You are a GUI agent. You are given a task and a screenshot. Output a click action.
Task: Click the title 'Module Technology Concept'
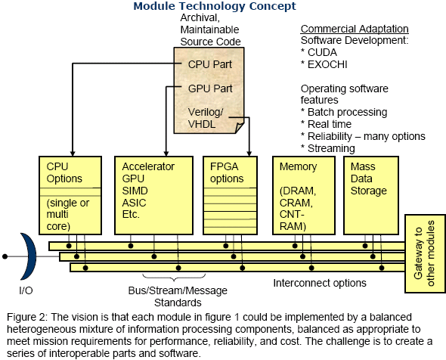pyautogui.click(x=215, y=6)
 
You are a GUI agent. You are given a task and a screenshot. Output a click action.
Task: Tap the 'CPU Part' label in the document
pyautogui.click(x=210, y=64)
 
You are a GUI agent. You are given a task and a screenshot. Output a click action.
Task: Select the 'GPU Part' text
pyautogui.click(x=210, y=88)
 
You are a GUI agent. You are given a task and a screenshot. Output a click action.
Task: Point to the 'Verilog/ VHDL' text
pyautogui.click(x=206, y=118)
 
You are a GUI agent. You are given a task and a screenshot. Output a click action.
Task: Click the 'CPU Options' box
pyautogui.click(x=70, y=195)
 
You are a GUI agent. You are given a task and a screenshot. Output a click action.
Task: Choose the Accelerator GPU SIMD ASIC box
pyautogui.click(x=154, y=195)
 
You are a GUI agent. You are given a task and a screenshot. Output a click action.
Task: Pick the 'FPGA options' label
pyautogui.click(x=227, y=172)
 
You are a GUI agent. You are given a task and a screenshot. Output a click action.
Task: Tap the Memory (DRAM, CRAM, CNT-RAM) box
pyautogui.click(x=304, y=195)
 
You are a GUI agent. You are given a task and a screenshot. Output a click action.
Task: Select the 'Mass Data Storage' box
pyautogui.click(x=371, y=195)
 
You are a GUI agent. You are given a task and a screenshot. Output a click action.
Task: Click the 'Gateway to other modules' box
pyautogui.click(x=426, y=253)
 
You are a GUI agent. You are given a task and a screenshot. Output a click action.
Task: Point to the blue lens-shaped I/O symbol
pyautogui.click(x=29, y=256)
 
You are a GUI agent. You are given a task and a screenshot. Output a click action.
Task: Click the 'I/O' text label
pyautogui.click(x=26, y=290)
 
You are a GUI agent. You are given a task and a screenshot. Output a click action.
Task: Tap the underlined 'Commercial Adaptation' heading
pyautogui.click(x=355, y=29)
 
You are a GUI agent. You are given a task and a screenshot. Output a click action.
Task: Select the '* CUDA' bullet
pyautogui.click(x=319, y=52)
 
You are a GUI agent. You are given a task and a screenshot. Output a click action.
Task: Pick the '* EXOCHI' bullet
pyautogui.click(x=324, y=64)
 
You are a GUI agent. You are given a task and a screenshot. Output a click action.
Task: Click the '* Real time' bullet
pyautogui.click(x=327, y=124)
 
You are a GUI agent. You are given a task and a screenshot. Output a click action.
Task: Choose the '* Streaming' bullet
pyautogui.click(x=328, y=148)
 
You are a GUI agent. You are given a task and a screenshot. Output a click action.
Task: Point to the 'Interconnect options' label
pyautogui.click(x=320, y=283)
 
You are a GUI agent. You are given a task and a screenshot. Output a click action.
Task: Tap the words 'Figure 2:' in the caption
pyautogui.click(x=27, y=317)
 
